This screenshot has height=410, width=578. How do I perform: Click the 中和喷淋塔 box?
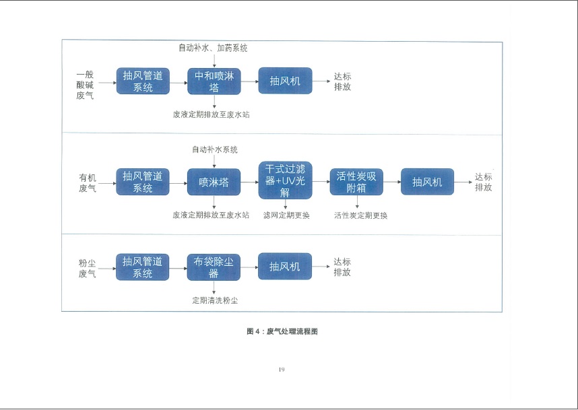pos(214,81)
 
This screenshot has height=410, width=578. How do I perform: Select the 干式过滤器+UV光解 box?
pos(286,180)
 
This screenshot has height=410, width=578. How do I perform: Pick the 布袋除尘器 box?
pos(214,267)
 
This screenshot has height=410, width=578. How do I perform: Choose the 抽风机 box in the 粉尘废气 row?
pos(285,267)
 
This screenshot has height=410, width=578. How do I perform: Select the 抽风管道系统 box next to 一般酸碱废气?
pos(143,81)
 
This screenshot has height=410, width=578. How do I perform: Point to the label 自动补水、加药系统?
pos(213,48)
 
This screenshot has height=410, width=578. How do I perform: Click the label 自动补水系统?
pos(215,149)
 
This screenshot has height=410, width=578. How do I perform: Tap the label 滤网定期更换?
pos(286,215)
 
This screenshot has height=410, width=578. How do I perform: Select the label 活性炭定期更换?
pos(360,215)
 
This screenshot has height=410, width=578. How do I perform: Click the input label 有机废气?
pos(88,182)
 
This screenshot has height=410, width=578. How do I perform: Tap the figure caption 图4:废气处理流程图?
pos(282,331)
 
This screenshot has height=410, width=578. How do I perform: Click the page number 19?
pos(282,369)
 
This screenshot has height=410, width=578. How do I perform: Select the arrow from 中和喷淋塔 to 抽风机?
pos(249,81)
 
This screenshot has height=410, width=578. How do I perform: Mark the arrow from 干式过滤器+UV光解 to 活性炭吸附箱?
pos(321,181)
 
